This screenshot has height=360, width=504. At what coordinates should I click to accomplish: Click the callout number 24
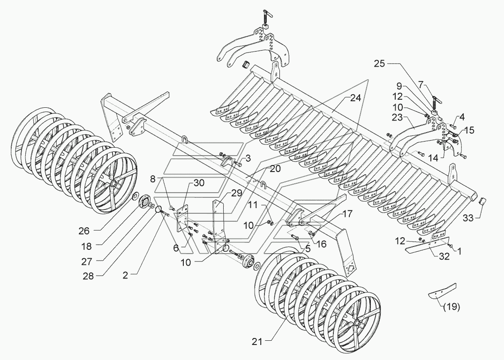(355, 98)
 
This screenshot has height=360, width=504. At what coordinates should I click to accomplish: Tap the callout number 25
(379, 64)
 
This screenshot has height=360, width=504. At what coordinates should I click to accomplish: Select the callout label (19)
(451, 307)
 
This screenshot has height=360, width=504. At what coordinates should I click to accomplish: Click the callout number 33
(469, 218)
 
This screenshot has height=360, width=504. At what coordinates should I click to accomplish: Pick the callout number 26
(84, 231)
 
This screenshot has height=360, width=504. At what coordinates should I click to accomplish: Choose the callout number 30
(199, 183)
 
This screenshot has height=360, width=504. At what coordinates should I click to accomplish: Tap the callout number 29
(236, 193)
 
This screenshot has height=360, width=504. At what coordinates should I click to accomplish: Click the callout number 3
(248, 158)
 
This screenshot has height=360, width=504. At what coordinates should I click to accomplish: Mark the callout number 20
(275, 169)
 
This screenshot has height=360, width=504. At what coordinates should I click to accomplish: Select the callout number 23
(397, 117)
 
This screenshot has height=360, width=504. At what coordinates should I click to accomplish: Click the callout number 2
(125, 276)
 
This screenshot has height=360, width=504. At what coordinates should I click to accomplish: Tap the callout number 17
(347, 213)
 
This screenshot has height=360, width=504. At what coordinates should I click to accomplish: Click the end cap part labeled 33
(482, 203)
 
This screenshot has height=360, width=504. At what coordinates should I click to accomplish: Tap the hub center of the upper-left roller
(114, 184)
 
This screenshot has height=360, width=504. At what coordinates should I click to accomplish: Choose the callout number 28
(88, 276)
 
